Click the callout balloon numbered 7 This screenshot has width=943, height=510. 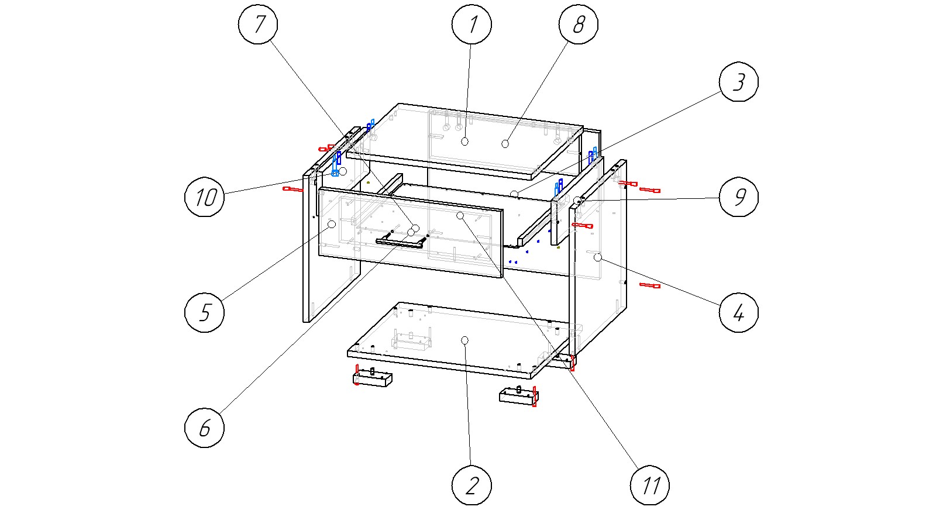coord(258,25)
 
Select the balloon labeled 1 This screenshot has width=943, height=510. coord(472,25)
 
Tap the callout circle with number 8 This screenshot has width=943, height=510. coord(578,25)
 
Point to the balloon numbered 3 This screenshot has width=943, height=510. coord(739,82)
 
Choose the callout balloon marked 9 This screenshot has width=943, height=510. coord(739,197)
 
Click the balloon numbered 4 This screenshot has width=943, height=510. coord(739,312)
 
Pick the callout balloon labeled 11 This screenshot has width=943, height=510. coord(650,485)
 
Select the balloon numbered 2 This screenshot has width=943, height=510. coord(472,485)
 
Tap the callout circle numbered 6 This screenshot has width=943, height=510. coord(204,428)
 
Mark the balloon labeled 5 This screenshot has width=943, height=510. coord(204,312)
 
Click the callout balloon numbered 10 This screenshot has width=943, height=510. coord(204,197)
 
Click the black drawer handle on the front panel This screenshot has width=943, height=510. coord(402,240)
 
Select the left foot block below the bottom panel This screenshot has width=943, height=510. coord(372,379)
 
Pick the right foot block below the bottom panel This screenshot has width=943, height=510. coord(518,397)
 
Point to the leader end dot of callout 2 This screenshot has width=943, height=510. coord(465,340)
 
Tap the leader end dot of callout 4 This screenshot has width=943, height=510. coord(597,257)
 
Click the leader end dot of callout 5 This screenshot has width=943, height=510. coord(332,224)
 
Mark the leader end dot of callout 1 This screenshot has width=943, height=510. coord(465,141)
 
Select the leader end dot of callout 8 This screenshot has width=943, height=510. coord(505,143)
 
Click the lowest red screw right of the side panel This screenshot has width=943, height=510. coord(650,286)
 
